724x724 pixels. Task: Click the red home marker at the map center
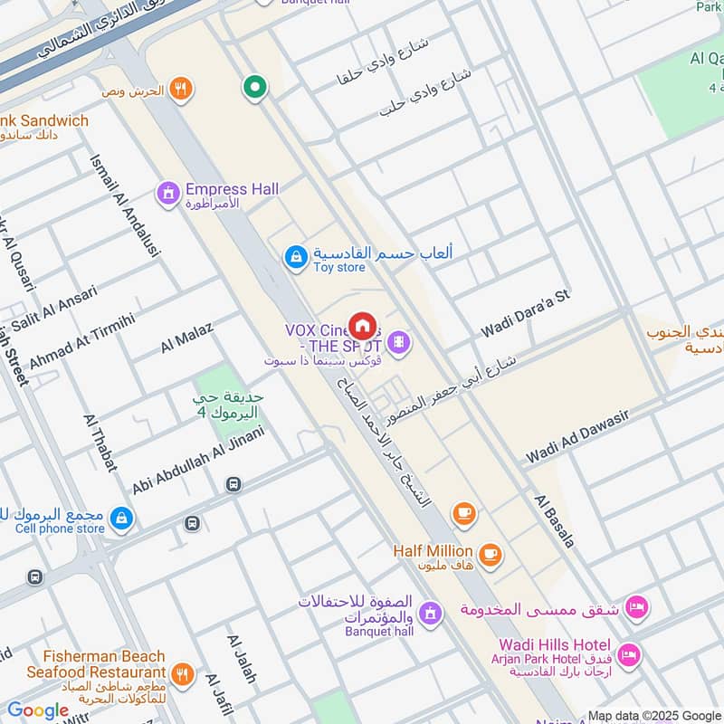(362, 326)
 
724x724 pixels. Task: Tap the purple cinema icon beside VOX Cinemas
(398, 342)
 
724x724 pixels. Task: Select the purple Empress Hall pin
(167, 194)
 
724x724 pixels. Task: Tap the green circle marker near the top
(255, 88)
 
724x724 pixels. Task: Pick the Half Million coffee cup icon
(490, 554)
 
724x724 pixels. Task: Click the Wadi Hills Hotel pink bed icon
(629, 653)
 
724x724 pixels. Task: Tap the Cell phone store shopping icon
(121, 519)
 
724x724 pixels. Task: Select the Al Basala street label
(554, 520)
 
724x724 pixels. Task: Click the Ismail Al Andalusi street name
(125, 205)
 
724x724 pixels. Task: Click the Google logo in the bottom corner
(38, 710)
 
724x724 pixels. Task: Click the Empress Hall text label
(232, 189)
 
